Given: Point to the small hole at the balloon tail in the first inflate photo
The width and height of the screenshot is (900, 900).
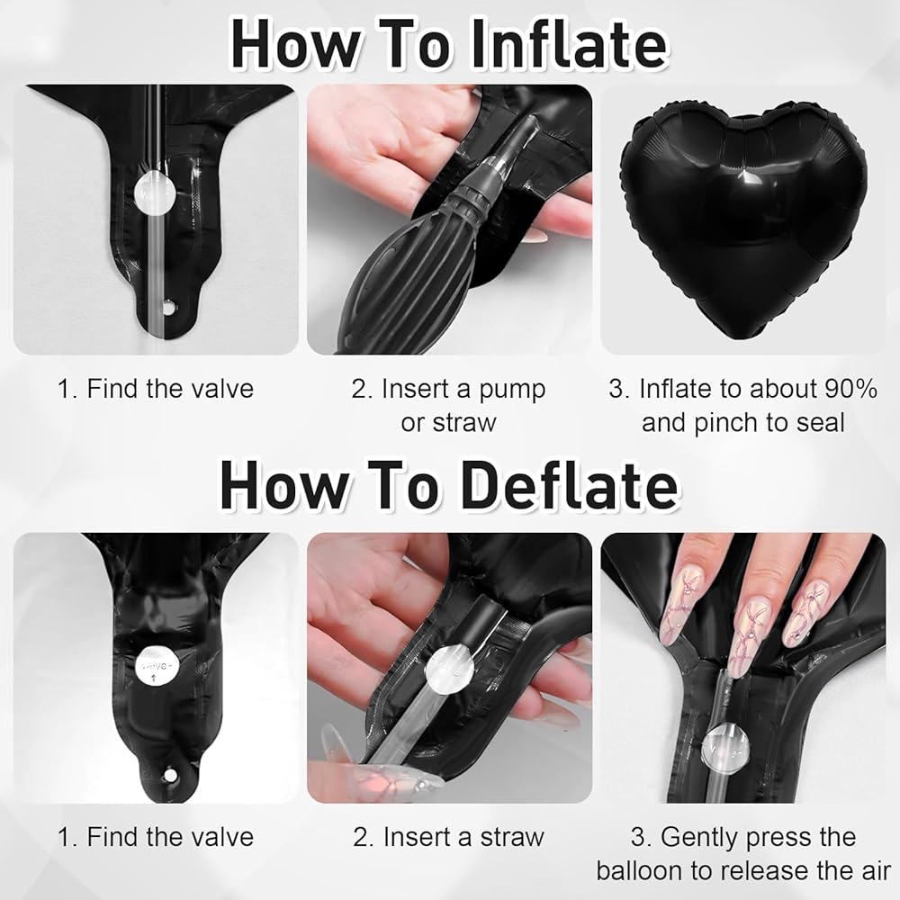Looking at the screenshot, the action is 167,309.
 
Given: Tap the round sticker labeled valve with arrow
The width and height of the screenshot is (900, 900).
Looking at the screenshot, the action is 157,665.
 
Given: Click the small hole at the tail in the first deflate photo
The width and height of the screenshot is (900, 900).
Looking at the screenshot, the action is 170,776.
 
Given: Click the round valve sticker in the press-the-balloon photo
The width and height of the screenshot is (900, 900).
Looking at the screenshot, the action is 728,744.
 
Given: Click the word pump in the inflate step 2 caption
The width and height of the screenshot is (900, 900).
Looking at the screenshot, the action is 512,391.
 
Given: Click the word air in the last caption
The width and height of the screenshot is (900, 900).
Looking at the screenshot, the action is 874,871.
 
